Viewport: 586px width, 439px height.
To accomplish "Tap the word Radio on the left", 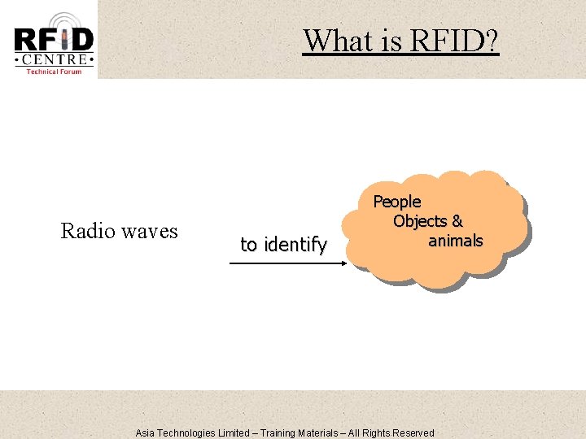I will tap(86, 232).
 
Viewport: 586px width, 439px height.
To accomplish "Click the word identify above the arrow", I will tap(294, 244).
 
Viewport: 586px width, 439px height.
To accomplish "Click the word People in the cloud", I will tap(397, 201).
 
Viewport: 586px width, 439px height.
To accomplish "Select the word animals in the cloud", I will tap(456, 241).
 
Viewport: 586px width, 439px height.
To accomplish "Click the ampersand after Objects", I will tap(457, 221).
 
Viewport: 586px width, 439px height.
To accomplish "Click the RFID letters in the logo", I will tap(54, 40).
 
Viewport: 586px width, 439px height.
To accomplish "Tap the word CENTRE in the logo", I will tap(54, 59).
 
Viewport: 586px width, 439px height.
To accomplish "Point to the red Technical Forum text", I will tap(54, 72).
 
